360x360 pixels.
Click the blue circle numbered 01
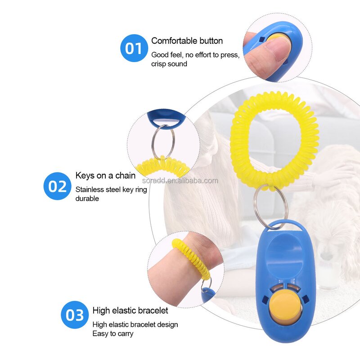click(x=134, y=48)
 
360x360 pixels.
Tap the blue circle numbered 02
click(x=58, y=186)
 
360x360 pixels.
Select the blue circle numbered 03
click(x=75, y=315)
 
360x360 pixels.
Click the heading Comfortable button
click(x=187, y=41)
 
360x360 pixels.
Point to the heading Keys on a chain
click(x=105, y=175)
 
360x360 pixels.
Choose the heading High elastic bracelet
click(x=130, y=310)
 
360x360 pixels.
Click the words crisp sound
click(x=169, y=63)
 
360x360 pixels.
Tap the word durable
click(x=87, y=198)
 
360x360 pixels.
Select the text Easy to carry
click(x=113, y=333)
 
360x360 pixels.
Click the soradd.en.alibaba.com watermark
click(x=180, y=181)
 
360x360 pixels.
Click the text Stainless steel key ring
click(x=111, y=189)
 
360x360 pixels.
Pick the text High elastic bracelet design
click(x=135, y=324)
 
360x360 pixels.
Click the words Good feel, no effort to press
click(x=195, y=55)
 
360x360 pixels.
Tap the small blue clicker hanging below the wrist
click(x=208, y=295)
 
